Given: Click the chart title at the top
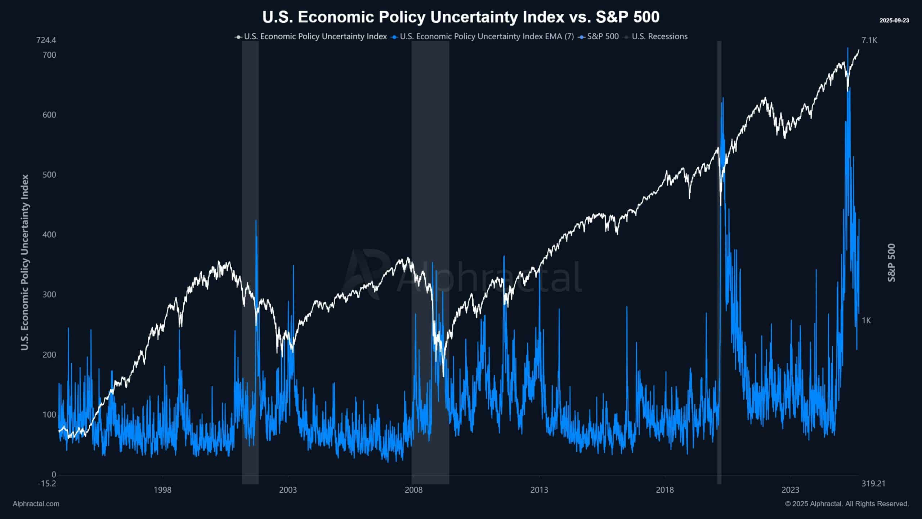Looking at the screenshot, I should (x=461, y=17).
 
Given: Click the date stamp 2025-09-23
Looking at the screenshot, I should (x=894, y=21).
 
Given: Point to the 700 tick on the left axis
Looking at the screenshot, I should (x=49, y=55).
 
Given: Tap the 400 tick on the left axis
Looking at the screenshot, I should (x=49, y=235).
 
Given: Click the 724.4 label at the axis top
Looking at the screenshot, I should (x=46, y=40).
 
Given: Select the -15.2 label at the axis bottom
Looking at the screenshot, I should (x=47, y=483).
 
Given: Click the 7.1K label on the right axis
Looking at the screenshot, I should (x=869, y=40).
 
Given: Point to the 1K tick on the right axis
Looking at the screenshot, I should (x=866, y=320).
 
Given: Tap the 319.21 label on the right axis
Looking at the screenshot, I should (x=873, y=483).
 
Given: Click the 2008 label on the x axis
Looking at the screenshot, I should (x=413, y=490).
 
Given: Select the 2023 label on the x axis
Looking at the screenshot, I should (x=790, y=490).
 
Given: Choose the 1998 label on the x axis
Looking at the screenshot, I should (x=162, y=490).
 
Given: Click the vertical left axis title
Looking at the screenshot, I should (x=24, y=262).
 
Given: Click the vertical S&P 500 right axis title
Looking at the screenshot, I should (x=891, y=263).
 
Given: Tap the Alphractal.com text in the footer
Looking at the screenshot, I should (x=36, y=504).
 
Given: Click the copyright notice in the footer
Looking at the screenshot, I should (x=847, y=504).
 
